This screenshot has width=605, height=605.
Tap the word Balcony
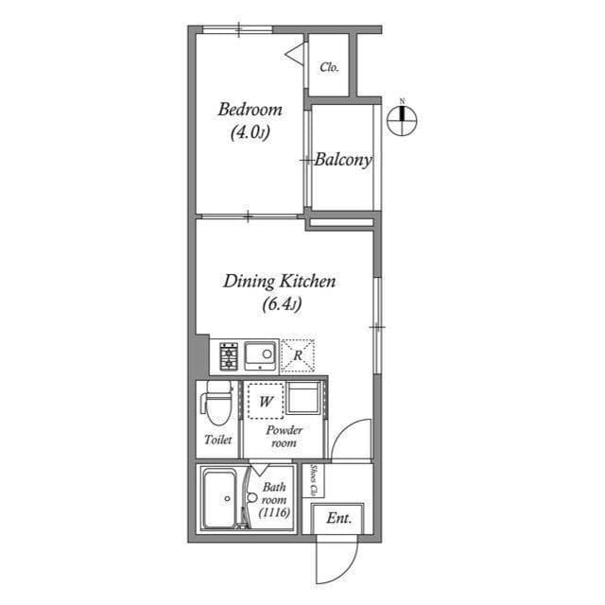343,160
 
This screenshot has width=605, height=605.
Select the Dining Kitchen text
280,281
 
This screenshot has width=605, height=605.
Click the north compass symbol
403,117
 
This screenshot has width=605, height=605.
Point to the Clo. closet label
329,67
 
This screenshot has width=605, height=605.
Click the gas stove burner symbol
229,356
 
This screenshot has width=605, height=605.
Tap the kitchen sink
260,356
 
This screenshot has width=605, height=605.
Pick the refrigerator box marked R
297,355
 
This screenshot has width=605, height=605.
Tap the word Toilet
218,440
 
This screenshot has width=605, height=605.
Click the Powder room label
285,436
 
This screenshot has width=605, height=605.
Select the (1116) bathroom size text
274,511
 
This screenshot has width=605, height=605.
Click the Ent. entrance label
338,518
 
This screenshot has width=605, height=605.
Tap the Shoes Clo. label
314,480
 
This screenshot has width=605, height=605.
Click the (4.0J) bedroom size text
250,133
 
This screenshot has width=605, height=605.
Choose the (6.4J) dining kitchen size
281,304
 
